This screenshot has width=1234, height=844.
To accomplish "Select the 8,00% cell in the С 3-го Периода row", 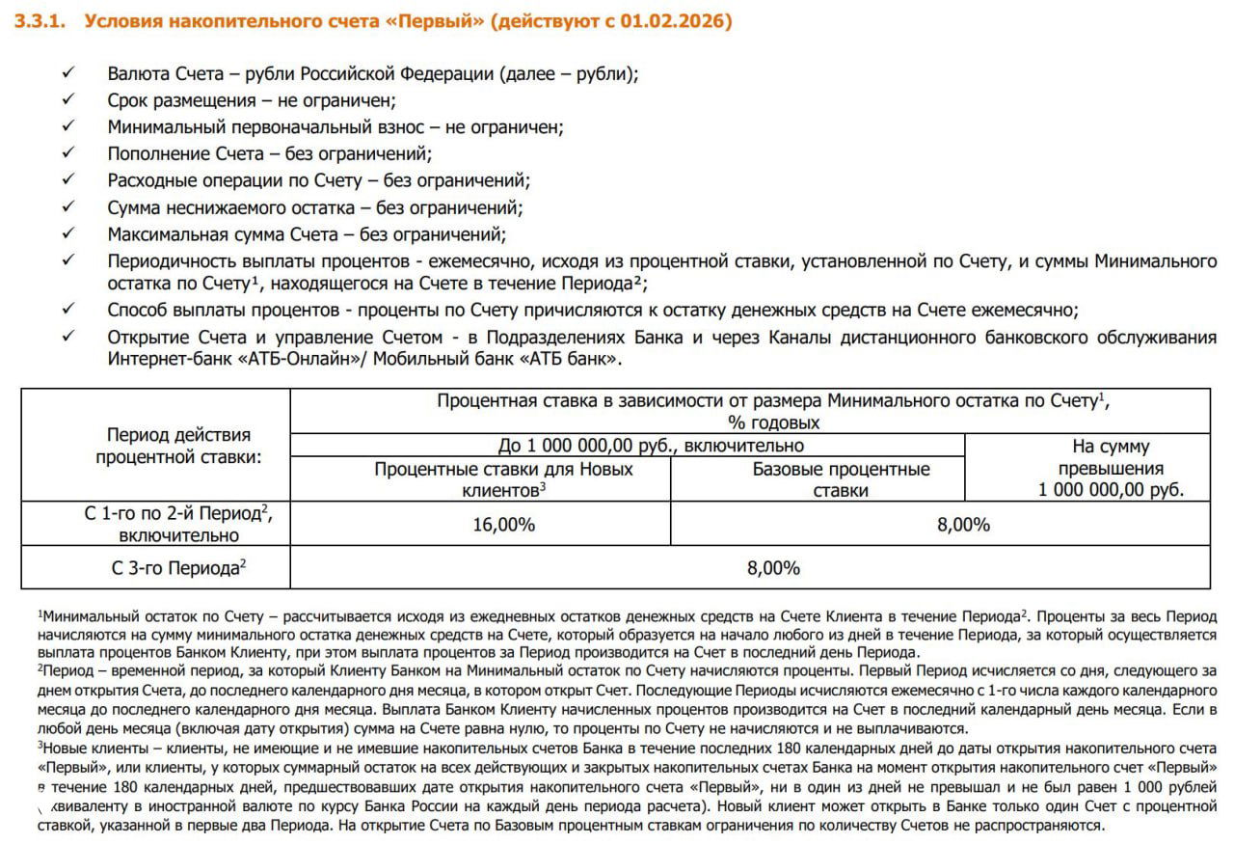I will pyautogui.click(x=773, y=568).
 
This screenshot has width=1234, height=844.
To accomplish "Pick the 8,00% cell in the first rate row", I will pyautogui.click(x=963, y=525).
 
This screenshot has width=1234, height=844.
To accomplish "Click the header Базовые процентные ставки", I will pyautogui.click(x=841, y=479).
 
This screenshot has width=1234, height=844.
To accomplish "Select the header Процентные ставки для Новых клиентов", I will pyautogui.click(x=503, y=479).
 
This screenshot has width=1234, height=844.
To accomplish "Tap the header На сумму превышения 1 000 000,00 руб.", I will pyautogui.click(x=1110, y=468).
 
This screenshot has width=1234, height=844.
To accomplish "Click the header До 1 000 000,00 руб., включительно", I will pyautogui.click(x=651, y=446).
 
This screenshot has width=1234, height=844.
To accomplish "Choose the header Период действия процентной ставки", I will pyautogui.click(x=178, y=446).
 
